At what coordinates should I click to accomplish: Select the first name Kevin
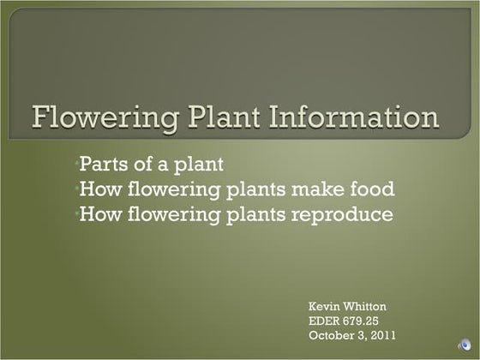(326, 306)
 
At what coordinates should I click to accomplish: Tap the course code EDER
(327, 321)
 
